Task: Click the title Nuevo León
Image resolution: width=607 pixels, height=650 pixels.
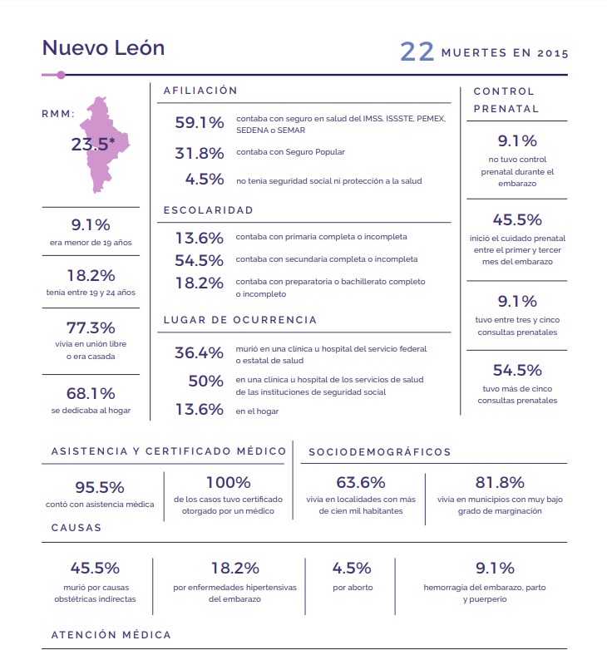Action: coord(103,47)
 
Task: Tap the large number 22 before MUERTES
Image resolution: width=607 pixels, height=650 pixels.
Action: coord(417,52)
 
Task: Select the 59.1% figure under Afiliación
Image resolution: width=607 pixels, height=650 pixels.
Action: coord(199,123)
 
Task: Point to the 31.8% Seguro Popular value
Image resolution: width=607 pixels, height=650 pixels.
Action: coord(199,152)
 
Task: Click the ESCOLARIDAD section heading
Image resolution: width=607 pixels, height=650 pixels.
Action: coord(208,210)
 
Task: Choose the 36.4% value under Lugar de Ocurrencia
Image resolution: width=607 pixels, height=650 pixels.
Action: coord(199,352)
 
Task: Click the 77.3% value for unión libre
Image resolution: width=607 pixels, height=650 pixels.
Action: coord(91,327)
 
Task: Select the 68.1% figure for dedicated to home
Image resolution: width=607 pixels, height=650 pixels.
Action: coord(91,393)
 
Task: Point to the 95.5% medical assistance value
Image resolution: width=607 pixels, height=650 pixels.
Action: coord(99,487)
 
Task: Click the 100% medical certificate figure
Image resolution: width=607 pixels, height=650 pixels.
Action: coord(228,482)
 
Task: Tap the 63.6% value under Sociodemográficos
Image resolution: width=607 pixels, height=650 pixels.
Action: coord(361,482)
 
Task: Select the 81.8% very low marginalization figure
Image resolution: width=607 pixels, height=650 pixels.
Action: coord(500,482)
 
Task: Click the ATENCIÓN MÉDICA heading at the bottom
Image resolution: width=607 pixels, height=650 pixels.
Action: coord(111,635)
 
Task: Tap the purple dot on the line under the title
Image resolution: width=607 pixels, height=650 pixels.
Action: coord(61,75)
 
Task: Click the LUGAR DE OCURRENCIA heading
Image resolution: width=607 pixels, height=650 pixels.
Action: coord(239,320)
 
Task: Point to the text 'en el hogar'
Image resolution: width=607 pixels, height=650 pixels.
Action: coord(257,411)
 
